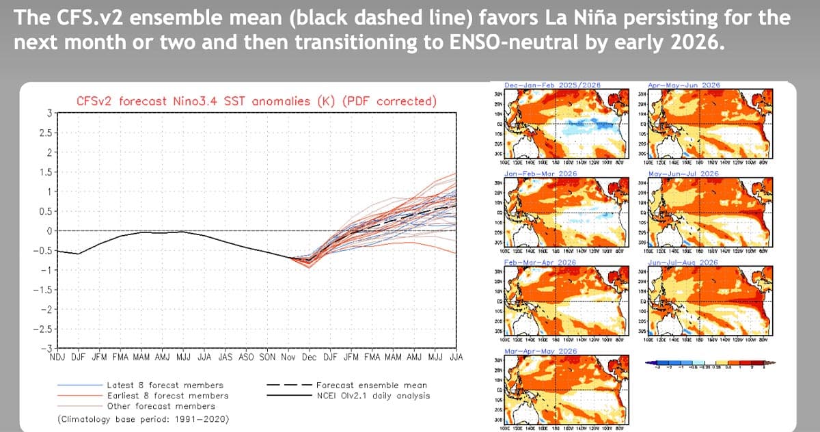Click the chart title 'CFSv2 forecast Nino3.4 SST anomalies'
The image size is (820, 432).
pos(256,101)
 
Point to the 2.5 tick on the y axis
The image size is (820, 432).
pos(46,132)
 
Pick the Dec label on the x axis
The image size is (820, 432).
pos(309,357)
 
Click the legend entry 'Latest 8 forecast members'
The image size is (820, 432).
pos(167,386)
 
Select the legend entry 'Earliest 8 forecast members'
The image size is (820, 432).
pos(168,395)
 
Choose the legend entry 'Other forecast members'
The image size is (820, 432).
pos(161,405)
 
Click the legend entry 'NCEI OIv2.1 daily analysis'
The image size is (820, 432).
pos(373,395)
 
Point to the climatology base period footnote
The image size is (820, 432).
pos(143,418)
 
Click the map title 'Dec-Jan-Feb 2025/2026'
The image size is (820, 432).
pos(553,84)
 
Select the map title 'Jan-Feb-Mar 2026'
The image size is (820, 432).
pos(541,174)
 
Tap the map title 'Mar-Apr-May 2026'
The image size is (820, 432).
pos(541,351)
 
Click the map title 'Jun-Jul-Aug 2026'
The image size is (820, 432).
pos(683,262)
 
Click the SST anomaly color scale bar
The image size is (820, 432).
pos(711,364)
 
